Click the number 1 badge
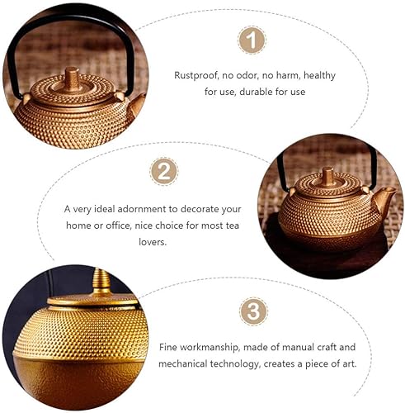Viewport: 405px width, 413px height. click(x=252, y=40)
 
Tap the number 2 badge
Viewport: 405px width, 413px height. click(x=164, y=171)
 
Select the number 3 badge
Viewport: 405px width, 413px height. click(x=253, y=311)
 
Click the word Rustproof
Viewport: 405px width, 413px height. click(x=196, y=75)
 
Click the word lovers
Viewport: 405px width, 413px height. click(x=153, y=242)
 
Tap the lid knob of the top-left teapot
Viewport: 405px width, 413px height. click(x=73, y=79)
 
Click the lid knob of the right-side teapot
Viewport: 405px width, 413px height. click(x=327, y=176)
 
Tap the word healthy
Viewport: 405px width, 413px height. click(x=319, y=75)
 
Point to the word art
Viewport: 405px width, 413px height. click(x=349, y=364)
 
